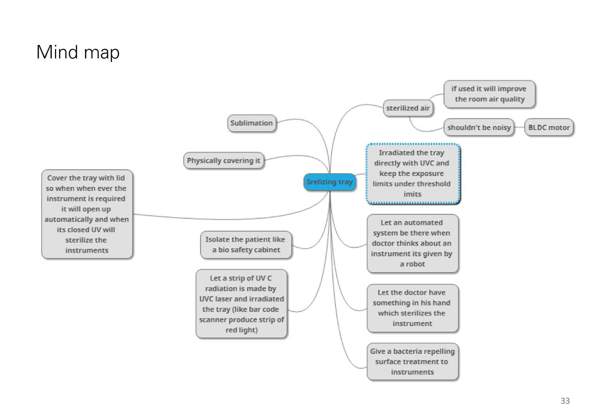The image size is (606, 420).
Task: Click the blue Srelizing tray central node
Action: (x=330, y=182)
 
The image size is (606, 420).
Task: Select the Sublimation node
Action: (x=252, y=123)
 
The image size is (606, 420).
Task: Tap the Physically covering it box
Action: (x=223, y=160)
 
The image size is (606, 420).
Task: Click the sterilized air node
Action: (x=408, y=108)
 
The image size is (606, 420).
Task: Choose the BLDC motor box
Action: (x=549, y=127)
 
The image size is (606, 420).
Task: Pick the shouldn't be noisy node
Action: (x=479, y=127)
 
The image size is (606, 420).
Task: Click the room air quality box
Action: (x=489, y=94)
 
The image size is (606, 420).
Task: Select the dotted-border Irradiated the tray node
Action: (x=412, y=174)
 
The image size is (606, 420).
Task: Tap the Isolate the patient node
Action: (x=246, y=245)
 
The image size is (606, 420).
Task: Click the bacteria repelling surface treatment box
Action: (x=412, y=361)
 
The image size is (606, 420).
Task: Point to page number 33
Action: (x=565, y=401)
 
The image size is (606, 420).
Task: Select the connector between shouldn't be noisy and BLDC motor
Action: (x=519, y=127)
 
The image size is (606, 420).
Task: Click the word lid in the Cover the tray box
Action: (x=120, y=178)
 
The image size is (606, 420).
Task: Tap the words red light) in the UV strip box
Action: (x=242, y=330)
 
